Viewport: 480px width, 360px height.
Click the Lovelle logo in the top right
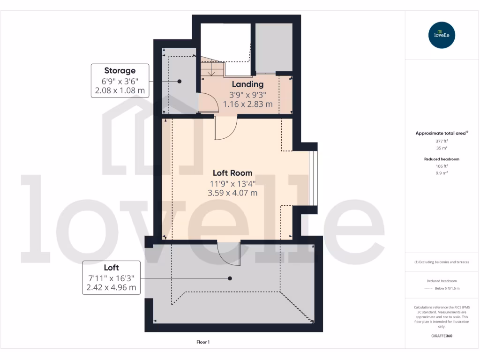(x=442, y=35)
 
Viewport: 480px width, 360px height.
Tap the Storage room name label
(x=120, y=71)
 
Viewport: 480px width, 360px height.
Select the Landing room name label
(x=248, y=84)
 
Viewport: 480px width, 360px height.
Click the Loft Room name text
(x=232, y=172)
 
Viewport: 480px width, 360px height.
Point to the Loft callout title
(x=111, y=268)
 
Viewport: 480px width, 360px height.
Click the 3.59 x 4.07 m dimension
(x=232, y=192)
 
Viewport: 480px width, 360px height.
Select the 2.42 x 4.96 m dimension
(x=111, y=287)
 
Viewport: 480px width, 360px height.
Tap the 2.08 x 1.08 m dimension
(x=120, y=90)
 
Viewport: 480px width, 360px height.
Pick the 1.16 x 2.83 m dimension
(x=248, y=104)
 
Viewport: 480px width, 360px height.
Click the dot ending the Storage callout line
(x=179, y=81)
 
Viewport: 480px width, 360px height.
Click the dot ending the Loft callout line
(x=230, y=278)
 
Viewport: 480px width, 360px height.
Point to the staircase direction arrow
(x=212, y=71)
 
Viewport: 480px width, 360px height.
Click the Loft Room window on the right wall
(x=313, y=179)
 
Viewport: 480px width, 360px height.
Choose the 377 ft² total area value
(x=442, y=140)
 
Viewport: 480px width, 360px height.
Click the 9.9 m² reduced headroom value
(x=442, y=172)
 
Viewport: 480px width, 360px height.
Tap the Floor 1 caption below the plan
(x=203, y=342)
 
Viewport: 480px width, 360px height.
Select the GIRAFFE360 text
(x=442, y=336)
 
